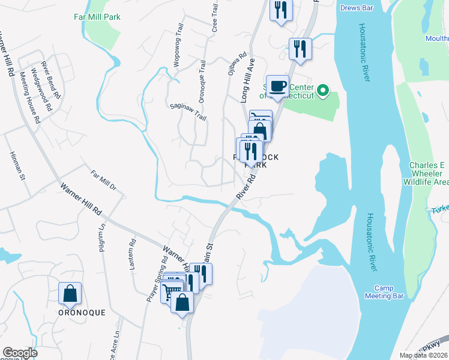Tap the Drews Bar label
[x=357, y=8]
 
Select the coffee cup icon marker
[x=277, y=86]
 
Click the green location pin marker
[x=323, y=91]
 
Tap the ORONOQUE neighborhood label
[x=81, y=313]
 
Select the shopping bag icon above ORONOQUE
[x=70, y=293]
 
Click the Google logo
[x=20, y=353]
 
